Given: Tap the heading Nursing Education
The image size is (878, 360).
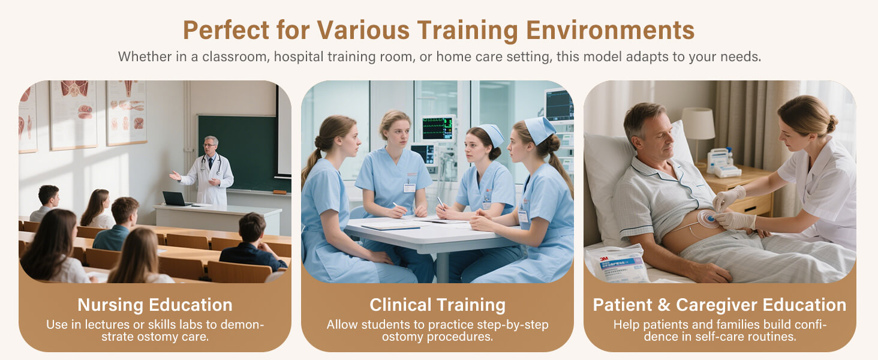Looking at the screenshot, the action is [x=155, y=305].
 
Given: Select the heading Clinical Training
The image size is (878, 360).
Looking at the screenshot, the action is [x=437, y=305].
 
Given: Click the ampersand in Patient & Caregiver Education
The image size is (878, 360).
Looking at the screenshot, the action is [x=664, y=305].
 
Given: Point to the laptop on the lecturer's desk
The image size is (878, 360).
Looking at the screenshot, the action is [x=175, y=199].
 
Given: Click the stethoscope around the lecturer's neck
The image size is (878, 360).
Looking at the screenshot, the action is [x=211, y=164].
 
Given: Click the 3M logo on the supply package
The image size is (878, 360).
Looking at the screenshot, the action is [x=604, y=259].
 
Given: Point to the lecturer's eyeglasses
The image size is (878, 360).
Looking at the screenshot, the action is [x=209, y=145].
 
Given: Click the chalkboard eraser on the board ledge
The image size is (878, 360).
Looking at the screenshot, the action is [x=279, y=192].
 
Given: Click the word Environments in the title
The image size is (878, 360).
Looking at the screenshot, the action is [x=611, y=31].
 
